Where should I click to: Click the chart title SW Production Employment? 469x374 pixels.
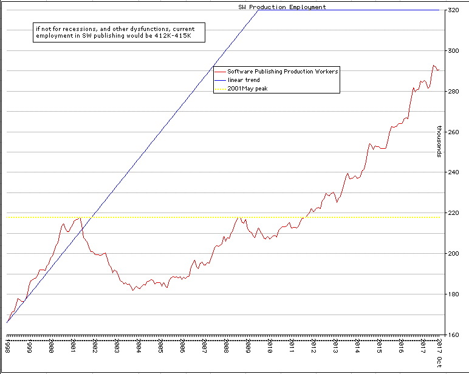click(x=282, y=7)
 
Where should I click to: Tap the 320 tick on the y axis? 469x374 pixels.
click(x=454, y=10)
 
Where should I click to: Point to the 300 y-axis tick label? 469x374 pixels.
click(x=454, y=51)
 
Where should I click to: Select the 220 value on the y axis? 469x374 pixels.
click(x=454, y=213)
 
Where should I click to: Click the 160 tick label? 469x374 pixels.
click(x=454, y=335)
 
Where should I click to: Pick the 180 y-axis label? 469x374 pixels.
click(x=454, y=294)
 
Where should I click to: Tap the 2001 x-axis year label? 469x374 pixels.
click(x=73, y=346)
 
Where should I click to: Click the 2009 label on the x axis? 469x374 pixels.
click(x=248, y=346)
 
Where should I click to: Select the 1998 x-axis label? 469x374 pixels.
click(x=7, y=346)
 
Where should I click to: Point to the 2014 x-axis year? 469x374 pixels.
click(x=358, y=346)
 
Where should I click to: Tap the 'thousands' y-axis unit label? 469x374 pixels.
click(x=439, y=141)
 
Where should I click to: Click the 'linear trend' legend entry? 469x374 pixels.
click(x=244, y=80)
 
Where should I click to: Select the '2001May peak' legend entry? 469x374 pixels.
click(x=247, y=89)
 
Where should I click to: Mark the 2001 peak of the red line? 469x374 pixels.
click(x=80, y=217)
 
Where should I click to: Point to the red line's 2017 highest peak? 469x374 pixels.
click(x=434, y=65)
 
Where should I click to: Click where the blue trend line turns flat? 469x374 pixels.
click(x=259, y=10)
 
